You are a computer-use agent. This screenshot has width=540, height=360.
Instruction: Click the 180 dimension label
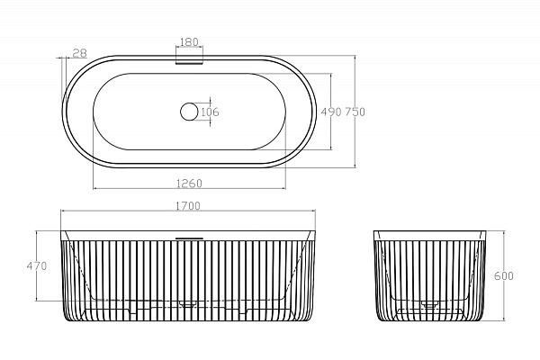189,42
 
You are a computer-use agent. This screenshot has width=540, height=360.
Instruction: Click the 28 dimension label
80,53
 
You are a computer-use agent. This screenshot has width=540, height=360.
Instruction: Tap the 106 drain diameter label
210,112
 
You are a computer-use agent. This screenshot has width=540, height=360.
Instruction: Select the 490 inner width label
331,112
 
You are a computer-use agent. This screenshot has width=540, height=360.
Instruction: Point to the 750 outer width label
355,112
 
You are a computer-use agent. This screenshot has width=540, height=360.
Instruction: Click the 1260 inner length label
189,184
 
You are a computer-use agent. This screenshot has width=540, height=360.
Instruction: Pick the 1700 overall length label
188,206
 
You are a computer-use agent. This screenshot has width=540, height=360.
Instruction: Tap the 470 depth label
37,266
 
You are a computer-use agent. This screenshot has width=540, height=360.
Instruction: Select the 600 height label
504,275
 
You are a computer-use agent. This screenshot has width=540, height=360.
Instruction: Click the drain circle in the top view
189,112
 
